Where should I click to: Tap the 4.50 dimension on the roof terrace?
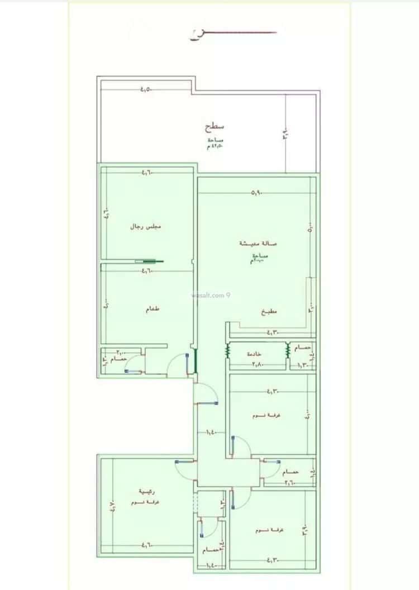point(146,89)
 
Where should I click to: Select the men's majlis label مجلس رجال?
point(146,227)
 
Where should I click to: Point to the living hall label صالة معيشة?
point(259,244)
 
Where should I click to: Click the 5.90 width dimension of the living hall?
point(256,193)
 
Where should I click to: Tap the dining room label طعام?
point(152,309)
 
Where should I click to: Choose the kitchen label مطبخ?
point(269,312)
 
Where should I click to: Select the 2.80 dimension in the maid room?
point(258,365)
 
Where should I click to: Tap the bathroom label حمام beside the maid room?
point(302,348)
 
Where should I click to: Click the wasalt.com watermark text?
point(210,295)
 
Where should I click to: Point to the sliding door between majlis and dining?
point(150,261)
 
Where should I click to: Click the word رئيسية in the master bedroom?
point(147,492)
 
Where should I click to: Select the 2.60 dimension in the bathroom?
point(291,482)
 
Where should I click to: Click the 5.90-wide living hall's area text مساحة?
point(260,256)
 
